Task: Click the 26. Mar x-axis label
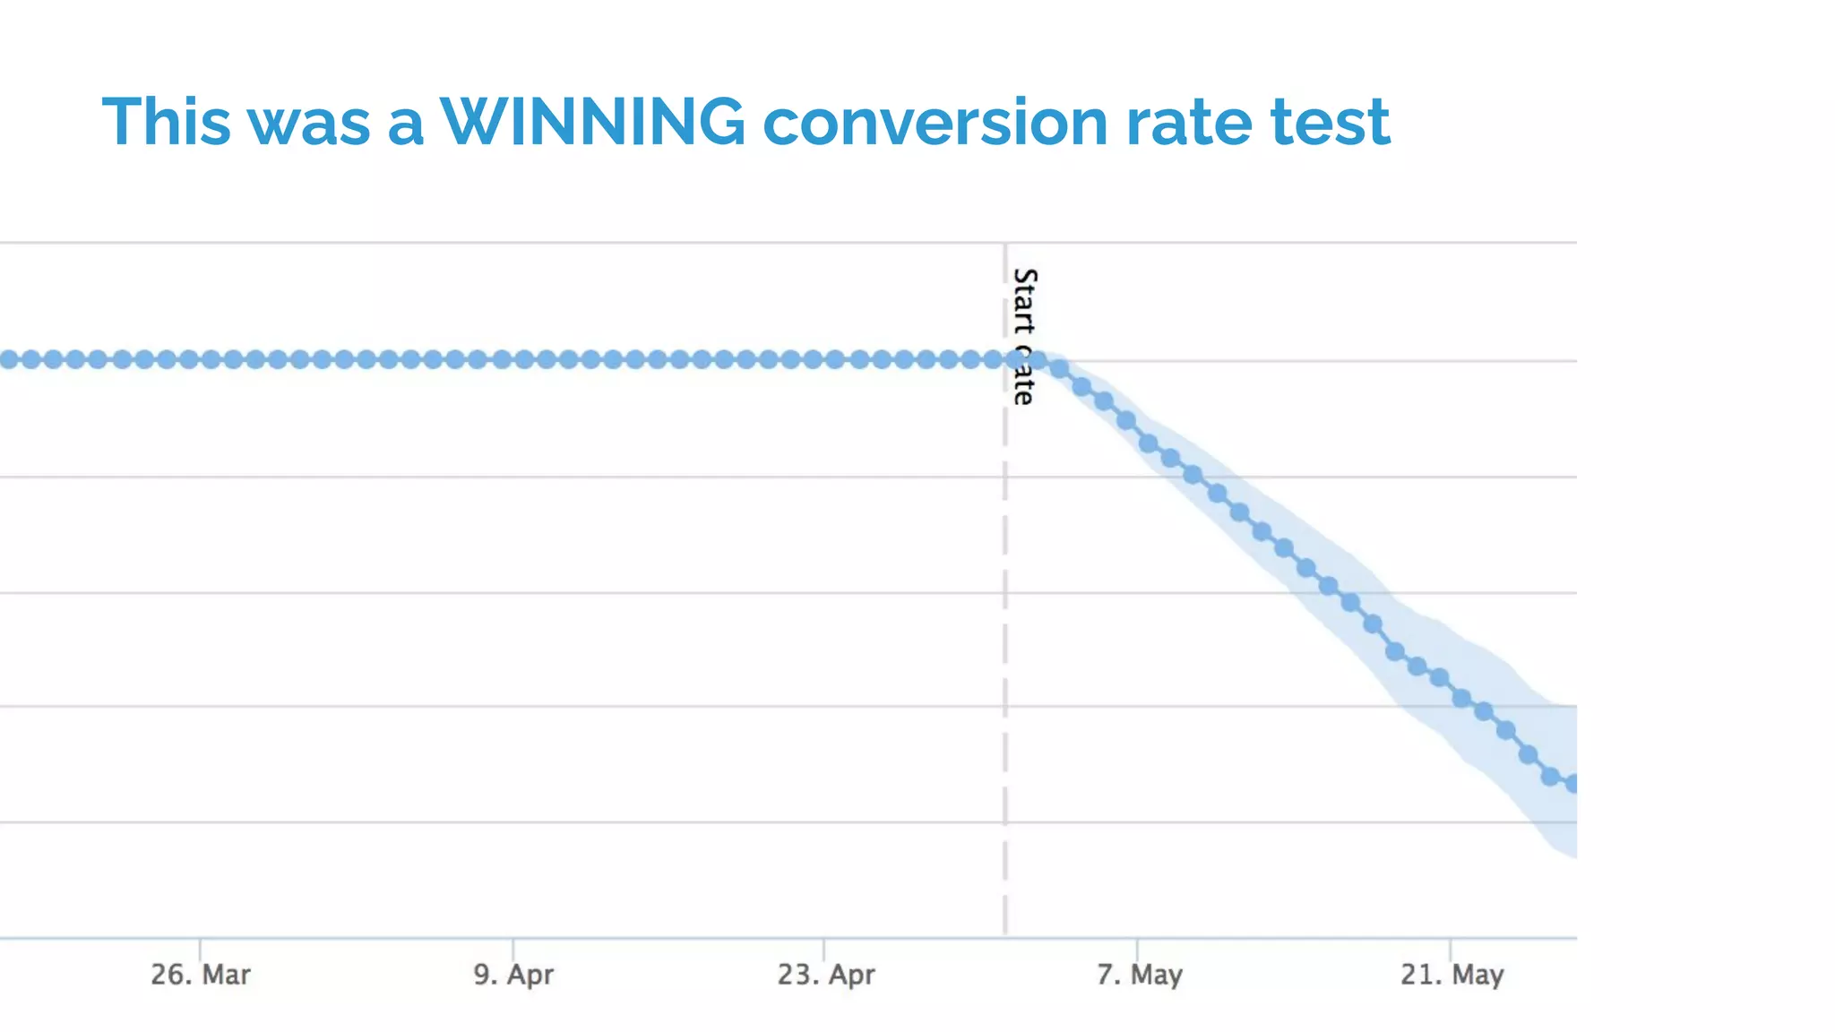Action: pyautogui.click(x=200, y=975)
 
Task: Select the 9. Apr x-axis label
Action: pyautogui.click(x=513, y=975)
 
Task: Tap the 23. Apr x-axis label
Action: pyautogui.click(x=825, y=975)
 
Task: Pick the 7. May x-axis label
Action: pyautogui.click(x=1139, y=975)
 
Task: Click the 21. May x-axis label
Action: pyautogui.click(x=1452, y=975)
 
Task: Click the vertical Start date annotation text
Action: pyautogui.click(x=1023, y=336)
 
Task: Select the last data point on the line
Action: pyautogui.click(x=1572, y=785)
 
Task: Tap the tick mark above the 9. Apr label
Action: pyautogui.click(x=513, y=948)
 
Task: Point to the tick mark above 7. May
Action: pyautogui.click(x=1137, y=948)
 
